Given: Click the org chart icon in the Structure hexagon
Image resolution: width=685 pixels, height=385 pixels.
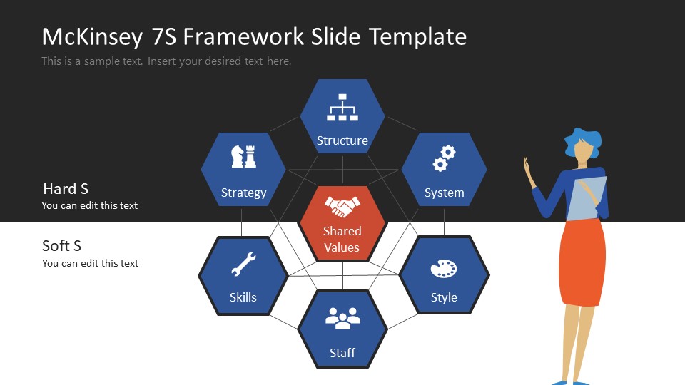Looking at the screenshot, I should pos(342,107).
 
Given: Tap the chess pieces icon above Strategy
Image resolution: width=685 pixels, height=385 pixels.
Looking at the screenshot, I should pos(243,156).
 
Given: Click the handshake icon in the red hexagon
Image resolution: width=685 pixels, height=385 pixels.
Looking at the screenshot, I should pos(342,207).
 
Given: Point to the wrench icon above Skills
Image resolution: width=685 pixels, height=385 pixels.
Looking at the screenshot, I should pos(243,265).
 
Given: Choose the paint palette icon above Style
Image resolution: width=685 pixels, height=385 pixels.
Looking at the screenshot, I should pos(444,269).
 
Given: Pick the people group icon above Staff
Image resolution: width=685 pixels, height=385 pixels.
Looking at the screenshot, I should pos(342,318).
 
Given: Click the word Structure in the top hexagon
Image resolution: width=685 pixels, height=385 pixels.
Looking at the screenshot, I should pos(342,140).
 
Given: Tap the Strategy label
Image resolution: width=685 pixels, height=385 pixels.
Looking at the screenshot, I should pos(243,192).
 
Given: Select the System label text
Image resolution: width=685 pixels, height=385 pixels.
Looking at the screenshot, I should pos(444,192).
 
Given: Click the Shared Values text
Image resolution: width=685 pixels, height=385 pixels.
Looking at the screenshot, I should pos(342,239).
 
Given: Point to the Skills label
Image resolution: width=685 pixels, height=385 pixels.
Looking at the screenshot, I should pos(243,297).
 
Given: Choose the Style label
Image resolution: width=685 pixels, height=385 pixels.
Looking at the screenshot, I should pos(444,297).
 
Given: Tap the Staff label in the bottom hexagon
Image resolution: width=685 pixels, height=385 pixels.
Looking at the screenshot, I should pos(342,352).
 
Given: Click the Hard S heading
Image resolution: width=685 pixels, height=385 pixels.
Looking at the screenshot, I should pos(66,189).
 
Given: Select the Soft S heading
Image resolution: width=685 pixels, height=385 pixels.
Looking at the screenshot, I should pos(62,246).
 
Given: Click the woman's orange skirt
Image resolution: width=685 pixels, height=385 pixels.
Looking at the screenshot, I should pos(582,260).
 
